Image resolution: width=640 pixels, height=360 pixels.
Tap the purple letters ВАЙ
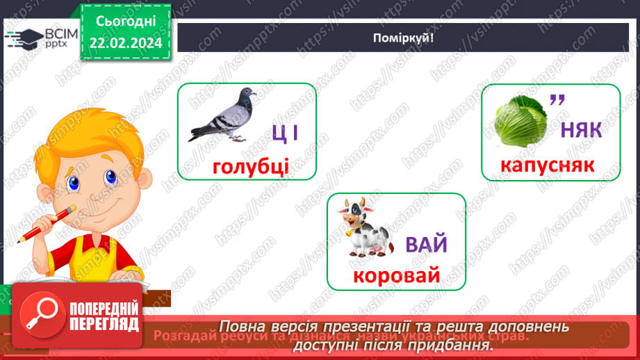426,245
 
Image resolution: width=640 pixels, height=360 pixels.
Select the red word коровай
396,276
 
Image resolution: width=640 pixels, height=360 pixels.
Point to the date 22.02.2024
125,43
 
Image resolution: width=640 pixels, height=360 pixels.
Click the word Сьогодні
125,21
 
